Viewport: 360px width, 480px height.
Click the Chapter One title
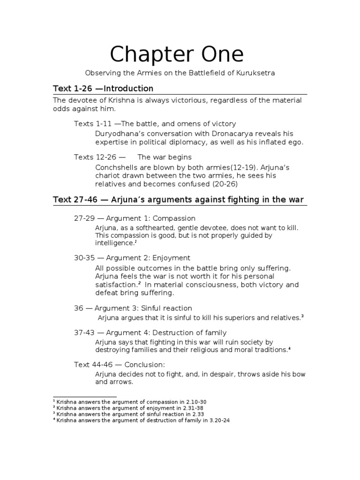point(177,55)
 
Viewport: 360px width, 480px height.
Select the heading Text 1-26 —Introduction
point(103,89)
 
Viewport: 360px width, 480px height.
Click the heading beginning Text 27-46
point(178,200)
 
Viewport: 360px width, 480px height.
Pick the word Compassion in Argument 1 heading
point(174,218)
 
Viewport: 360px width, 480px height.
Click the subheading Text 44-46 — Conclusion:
point(119,364)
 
